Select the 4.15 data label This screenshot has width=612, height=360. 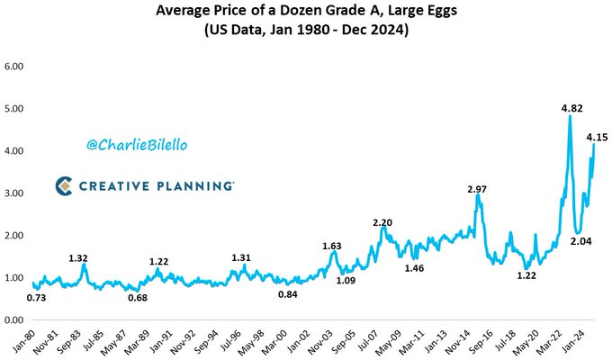pos(597,138)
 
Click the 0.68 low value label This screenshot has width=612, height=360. pos(138,297)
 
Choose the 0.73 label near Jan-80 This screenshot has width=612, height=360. pos(37,297)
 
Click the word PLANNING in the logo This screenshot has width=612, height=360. pos(193,185)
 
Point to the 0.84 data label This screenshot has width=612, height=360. pos(288,293)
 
